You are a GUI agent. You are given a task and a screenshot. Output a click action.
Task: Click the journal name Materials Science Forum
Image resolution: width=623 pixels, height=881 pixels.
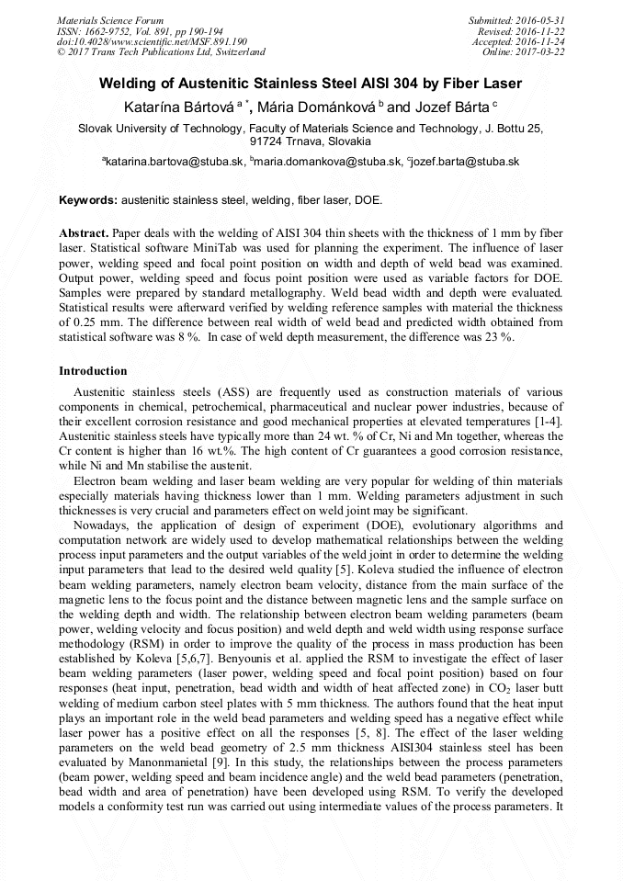(110, 19)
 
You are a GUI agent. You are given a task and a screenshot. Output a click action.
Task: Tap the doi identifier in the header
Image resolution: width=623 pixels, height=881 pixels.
(152, 41)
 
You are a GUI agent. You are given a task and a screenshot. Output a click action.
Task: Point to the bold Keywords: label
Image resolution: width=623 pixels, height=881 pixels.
(88, 199)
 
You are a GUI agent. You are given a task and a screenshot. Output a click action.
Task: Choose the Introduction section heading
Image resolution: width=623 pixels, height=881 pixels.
(93, 371)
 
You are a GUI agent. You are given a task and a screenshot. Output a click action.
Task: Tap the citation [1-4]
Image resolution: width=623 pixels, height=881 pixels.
(549, 421)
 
